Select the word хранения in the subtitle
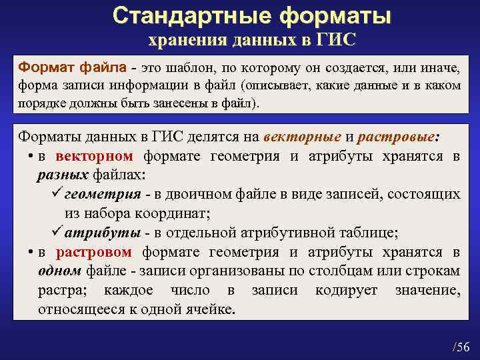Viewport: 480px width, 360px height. [185, 41]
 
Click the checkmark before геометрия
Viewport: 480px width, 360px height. [57, 194]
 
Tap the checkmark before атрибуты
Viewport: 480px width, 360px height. [57, 233]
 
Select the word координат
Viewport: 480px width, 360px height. [175, 214]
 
